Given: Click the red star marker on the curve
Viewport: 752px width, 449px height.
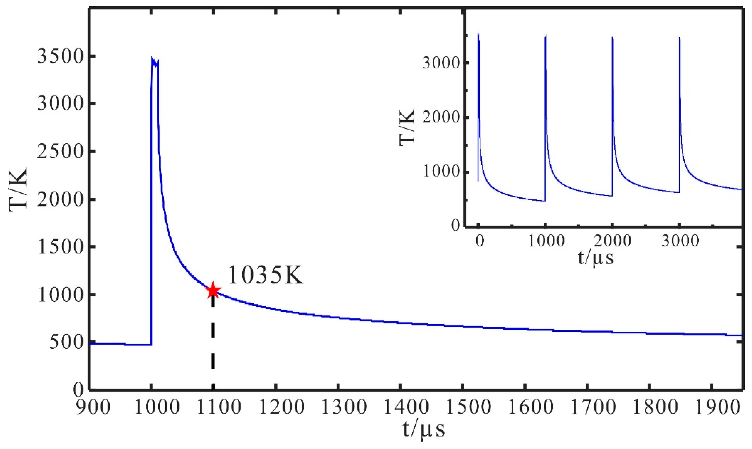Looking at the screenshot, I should (213, 290).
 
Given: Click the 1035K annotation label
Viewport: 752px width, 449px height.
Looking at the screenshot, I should (265, 275).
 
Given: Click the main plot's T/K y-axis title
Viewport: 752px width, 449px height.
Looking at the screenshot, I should (19, 188).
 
